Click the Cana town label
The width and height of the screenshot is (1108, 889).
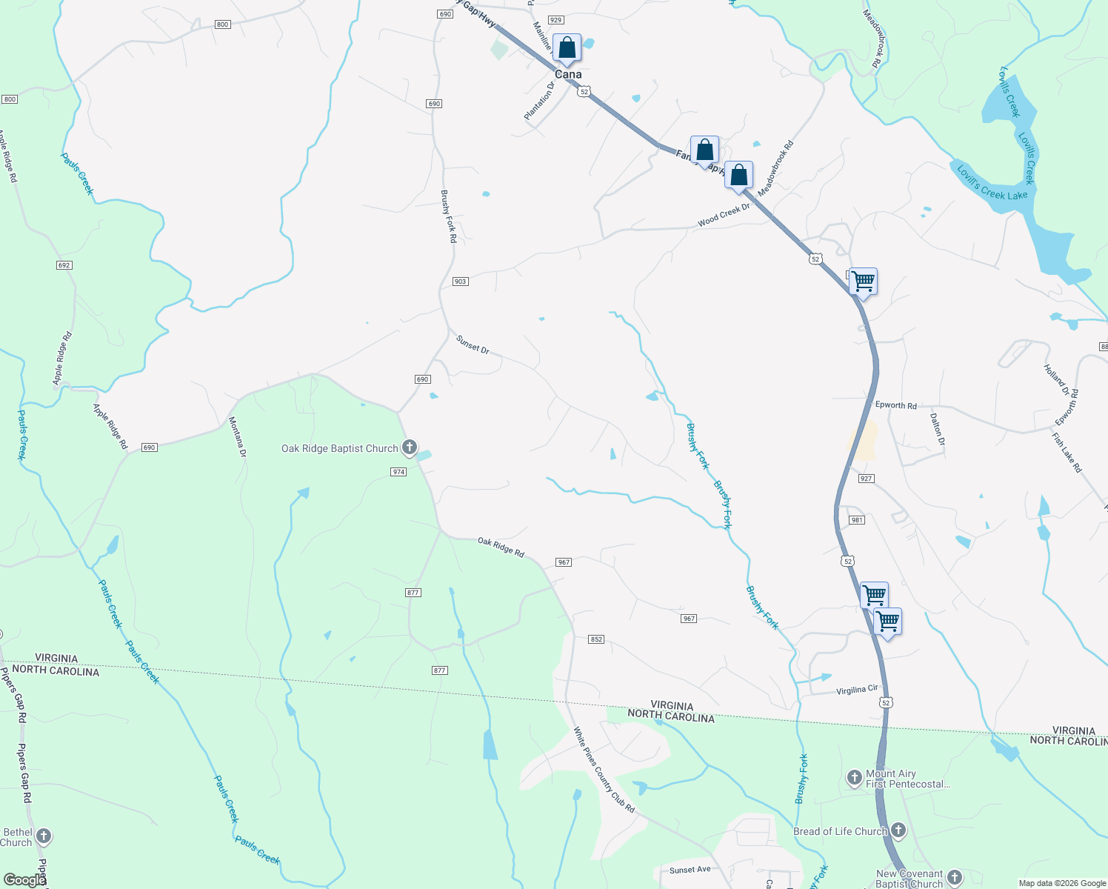tap(568, 74)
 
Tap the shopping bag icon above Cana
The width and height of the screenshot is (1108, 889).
tap(567, 48)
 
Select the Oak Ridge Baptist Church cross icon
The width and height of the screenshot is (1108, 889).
tap(409, 447)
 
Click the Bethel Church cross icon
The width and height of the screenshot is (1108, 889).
tap(44, 836)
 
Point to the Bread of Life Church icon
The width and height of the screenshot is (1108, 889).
tap(898, 830)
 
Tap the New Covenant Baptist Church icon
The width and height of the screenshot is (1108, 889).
tap(955, 877)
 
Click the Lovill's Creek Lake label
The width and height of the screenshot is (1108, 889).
tap(992, 183)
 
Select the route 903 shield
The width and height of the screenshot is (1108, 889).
tap(461, 282)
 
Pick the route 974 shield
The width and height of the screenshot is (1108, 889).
tap(398, 472)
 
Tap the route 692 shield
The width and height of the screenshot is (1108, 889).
tap(64, 265)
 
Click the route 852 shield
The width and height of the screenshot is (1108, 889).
tap(596, 639)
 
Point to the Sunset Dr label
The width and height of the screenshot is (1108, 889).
tap(473, 344)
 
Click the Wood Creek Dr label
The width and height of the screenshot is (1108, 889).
tap(724, 214)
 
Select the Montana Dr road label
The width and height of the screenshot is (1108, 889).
tap(237, 437)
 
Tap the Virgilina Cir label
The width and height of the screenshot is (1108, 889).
tap(856, 690)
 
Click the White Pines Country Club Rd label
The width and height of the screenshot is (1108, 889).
tap(604, 770)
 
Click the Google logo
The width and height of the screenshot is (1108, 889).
tap(24, 880)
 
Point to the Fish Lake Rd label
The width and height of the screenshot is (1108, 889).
tap(1067, 453)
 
